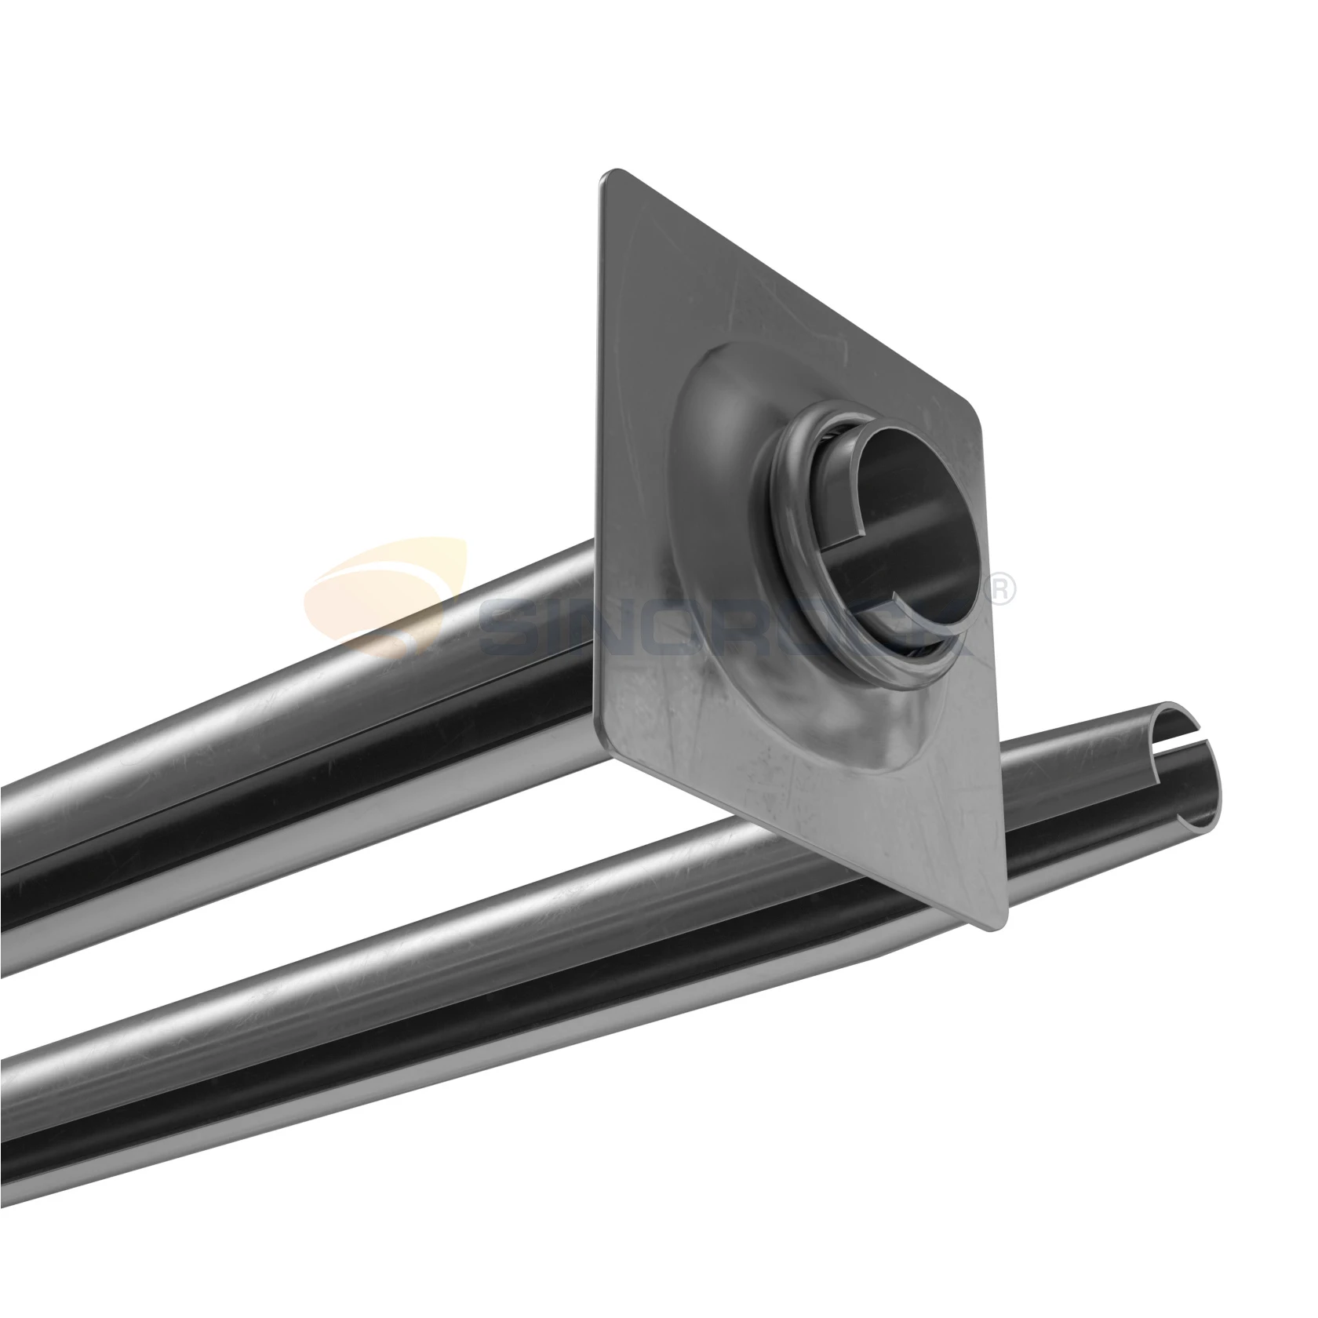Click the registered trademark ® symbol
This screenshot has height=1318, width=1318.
(1003, 590)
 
